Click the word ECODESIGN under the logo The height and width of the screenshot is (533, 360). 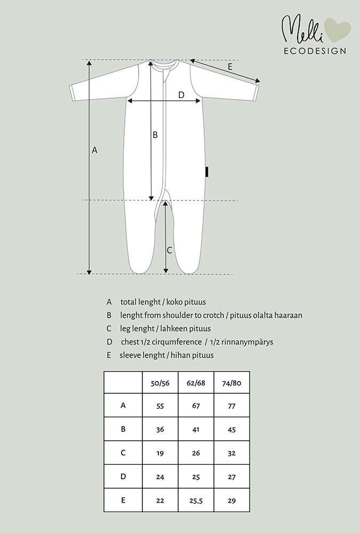[314, 51]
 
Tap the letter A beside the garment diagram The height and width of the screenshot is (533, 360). [95, 150]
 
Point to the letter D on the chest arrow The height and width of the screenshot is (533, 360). [181, 95]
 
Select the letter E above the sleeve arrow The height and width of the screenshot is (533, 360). [230, 67]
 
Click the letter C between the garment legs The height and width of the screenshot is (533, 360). [170, 250]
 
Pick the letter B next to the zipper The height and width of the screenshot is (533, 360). [155, 135]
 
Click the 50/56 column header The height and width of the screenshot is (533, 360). [161, 382]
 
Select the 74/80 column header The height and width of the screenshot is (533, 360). [232, 382]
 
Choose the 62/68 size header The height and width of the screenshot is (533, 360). [196, 382]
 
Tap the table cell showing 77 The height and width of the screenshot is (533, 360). [232, 406]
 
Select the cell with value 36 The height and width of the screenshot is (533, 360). [161, 429]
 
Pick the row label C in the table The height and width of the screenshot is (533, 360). [123, 453]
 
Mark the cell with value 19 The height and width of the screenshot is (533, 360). [161, 453]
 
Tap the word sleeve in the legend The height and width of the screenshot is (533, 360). [130, 355]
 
